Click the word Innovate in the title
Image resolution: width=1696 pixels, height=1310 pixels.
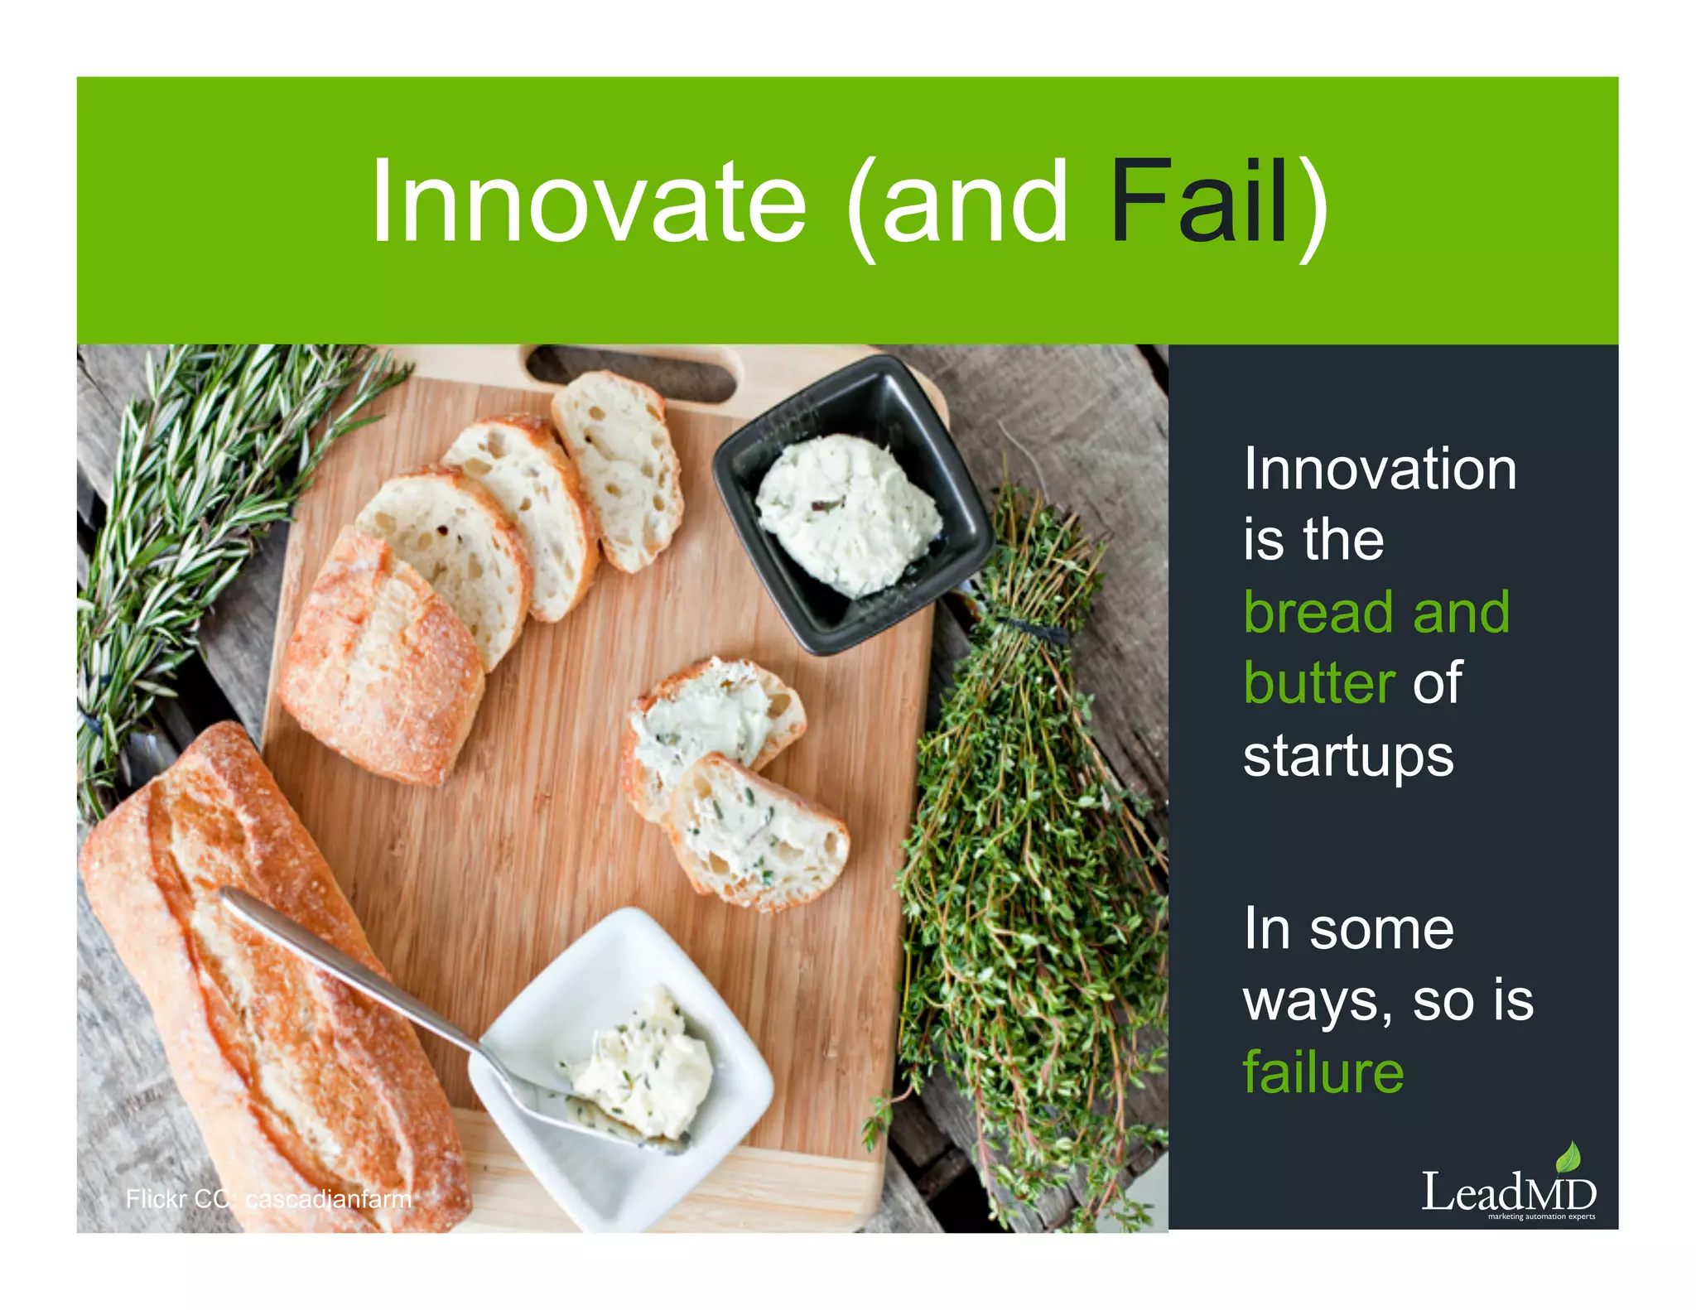(x=588, y=203)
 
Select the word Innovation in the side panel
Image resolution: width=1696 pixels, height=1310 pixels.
(x=1380, y=470)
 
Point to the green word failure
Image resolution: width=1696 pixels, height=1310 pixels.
(x=1323, y=1072)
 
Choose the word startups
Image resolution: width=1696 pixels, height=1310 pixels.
(x=1348, y=756)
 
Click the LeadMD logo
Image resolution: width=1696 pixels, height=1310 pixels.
(x=1508, y=1192)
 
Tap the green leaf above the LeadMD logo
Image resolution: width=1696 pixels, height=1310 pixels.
(x=1568, y=1158)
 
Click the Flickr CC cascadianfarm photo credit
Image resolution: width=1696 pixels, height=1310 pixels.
(x=268, y=1199)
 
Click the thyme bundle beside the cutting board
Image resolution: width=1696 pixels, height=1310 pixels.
(x=1027, y=828)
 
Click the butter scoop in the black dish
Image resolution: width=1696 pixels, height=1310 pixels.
(x=849, y=513)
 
